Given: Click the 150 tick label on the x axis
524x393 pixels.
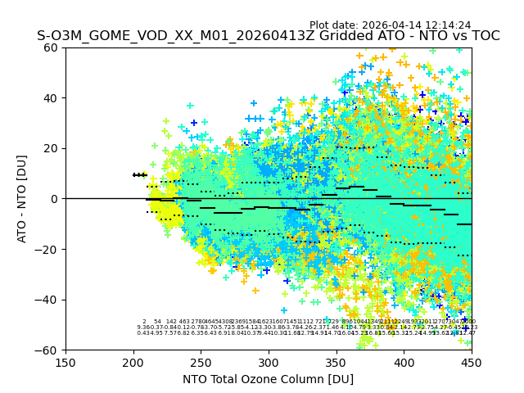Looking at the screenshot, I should (65, 362).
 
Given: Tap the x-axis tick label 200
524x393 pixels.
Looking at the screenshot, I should (133, 362).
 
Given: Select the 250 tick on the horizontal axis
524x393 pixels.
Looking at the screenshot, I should (201, 362).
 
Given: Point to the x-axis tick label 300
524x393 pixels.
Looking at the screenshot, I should (269, 362).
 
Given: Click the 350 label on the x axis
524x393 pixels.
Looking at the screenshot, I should (337, 362).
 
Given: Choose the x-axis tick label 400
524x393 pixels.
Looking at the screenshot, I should (404, 362).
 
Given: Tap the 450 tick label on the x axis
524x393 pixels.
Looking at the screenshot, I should (472, 362).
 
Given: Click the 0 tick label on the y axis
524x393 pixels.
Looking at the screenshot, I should (56, 199).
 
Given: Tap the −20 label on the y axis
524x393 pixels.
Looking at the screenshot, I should (49, 249).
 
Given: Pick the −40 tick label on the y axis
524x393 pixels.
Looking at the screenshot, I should (49, 300).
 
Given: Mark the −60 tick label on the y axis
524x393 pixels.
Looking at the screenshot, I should (49, 350).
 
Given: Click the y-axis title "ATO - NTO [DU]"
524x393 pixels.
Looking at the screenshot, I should (23, 199).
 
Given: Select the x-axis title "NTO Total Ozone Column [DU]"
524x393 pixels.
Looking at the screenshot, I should (269, 379).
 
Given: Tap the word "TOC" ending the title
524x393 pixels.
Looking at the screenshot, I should (484, 36).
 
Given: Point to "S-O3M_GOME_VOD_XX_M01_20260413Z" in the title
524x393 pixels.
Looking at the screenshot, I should (152, 36).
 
